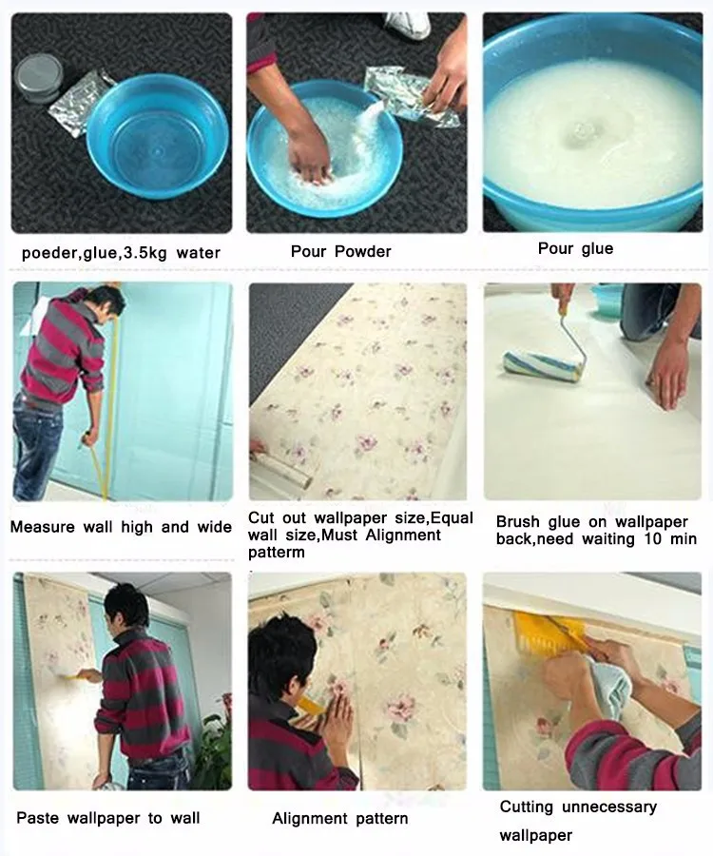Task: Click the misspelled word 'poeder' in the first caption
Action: coord(49,253)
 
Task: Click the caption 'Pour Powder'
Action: coord(340,251)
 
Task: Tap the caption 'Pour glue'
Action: coord(575,248)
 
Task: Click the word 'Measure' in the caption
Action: coord(40,527)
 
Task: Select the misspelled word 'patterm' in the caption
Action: coord(277,553)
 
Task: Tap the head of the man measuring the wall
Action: coord(104,302)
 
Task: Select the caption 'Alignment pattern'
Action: coord(339,818)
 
